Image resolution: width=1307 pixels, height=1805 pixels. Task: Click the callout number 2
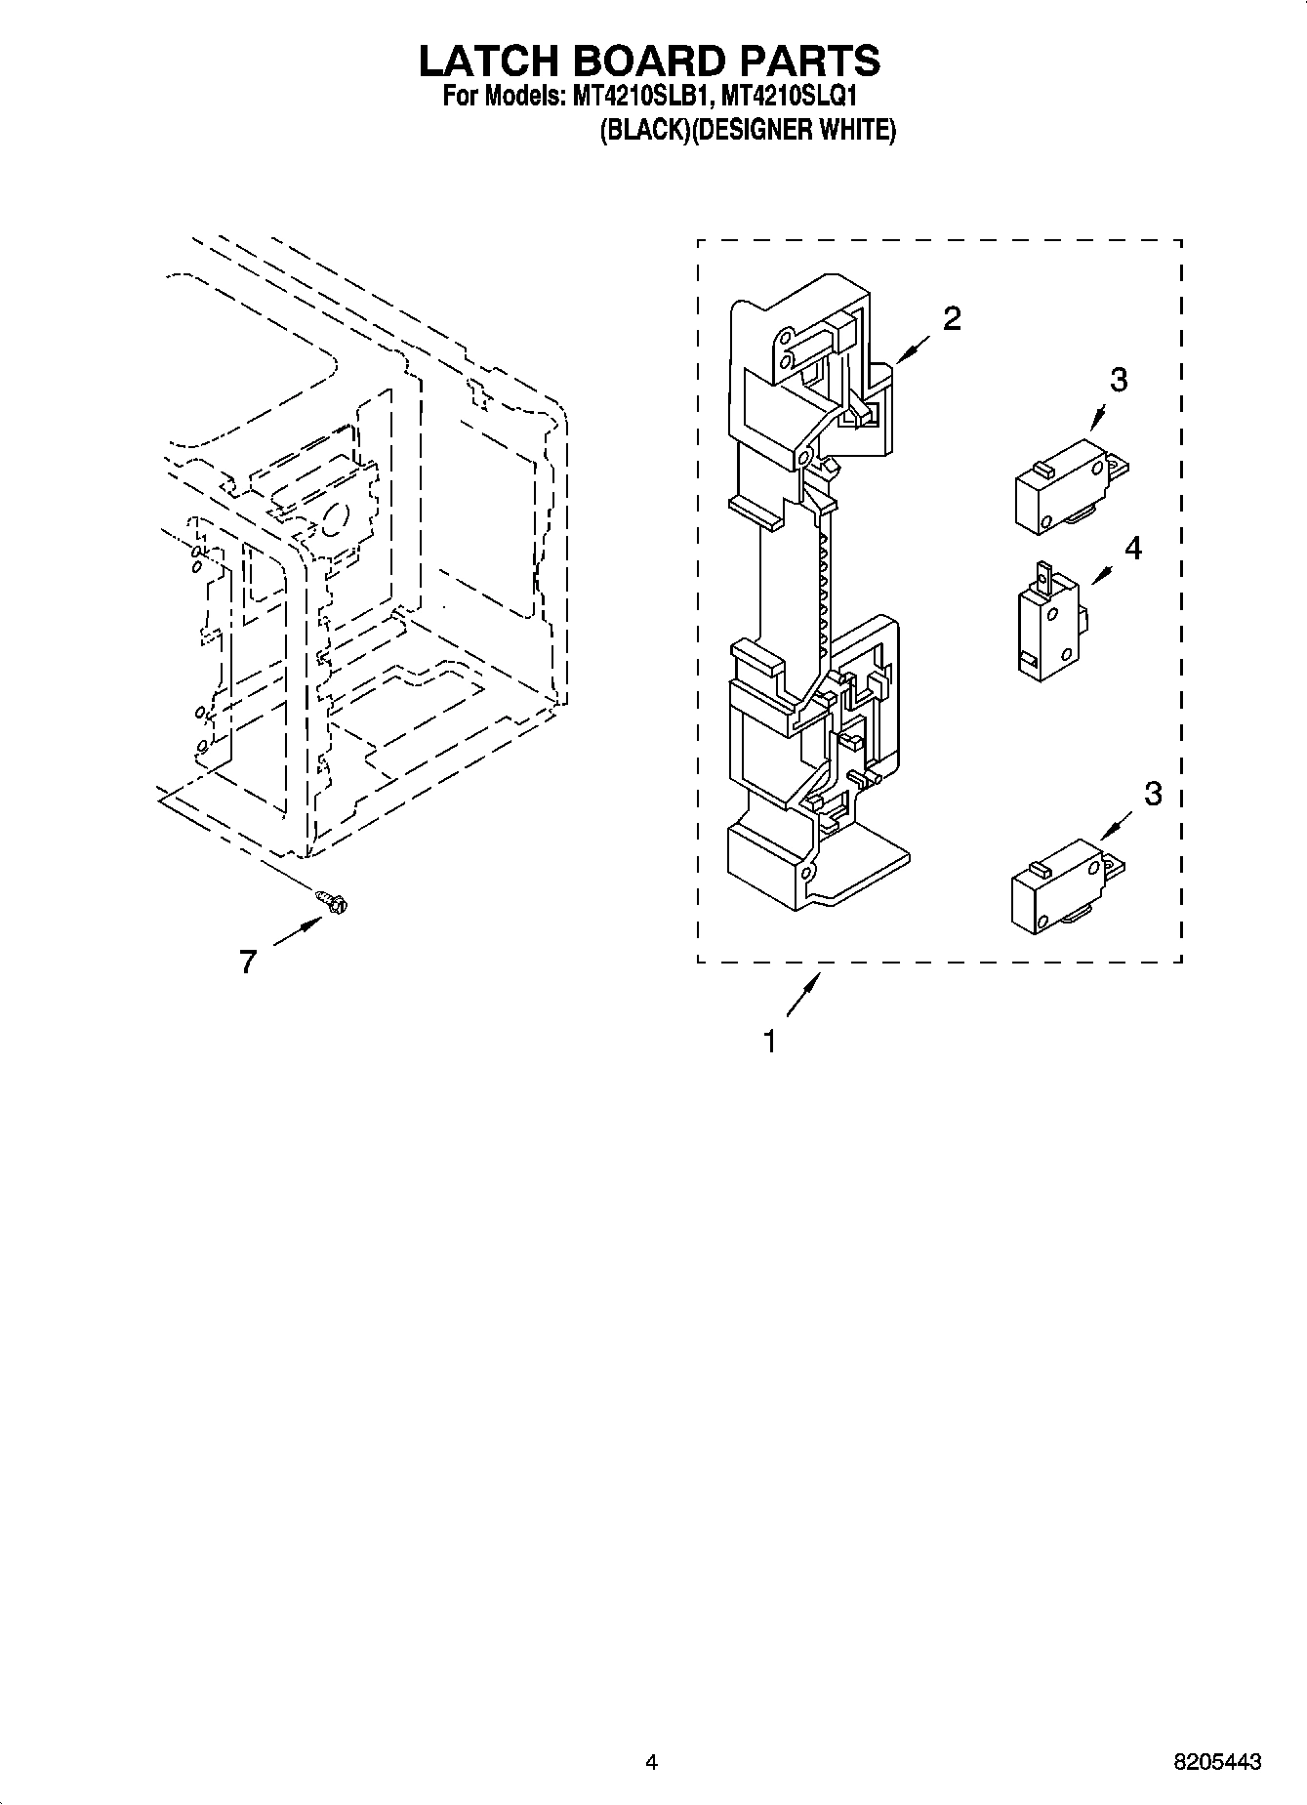[952, 317]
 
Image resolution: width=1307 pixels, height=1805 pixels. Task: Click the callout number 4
[1132, 549]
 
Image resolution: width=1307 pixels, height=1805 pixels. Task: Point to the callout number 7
[248, 963]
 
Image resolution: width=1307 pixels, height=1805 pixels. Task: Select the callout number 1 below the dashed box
[769, 1042]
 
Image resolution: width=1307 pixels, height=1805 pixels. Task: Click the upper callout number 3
[1119, 380]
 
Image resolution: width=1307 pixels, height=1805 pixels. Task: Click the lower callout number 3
[1153, 794]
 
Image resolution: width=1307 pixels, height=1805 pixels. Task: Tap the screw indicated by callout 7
[334, 903]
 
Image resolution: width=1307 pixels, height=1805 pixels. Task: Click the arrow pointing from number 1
[801, 998]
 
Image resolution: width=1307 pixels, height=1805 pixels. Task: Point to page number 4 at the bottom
[651, 1762]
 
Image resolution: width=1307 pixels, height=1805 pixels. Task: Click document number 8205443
[1216, 1762]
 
